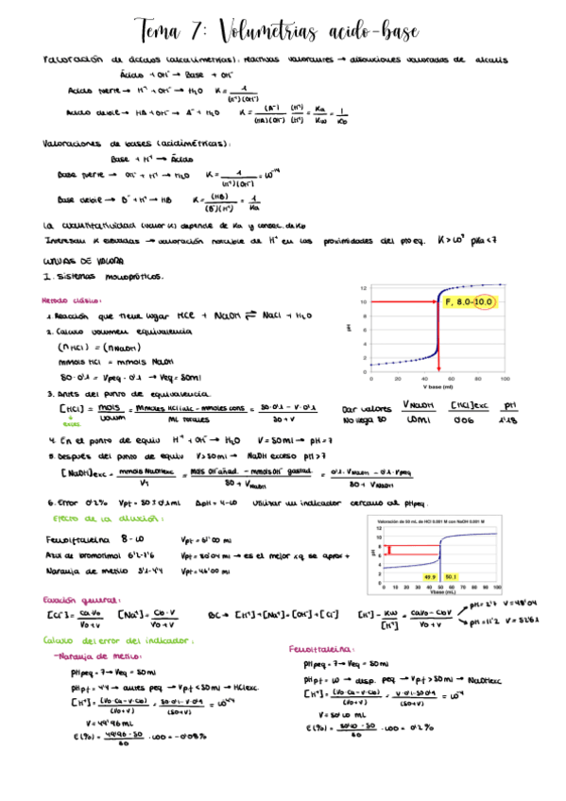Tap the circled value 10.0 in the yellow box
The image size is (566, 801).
[x=485, y=302]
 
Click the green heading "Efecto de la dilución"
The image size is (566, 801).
[x=94, y=519]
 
